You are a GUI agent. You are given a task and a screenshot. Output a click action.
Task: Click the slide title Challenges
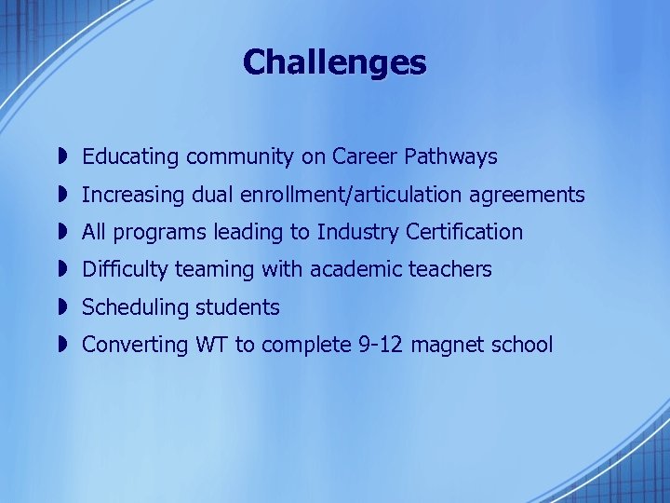pos(334,62)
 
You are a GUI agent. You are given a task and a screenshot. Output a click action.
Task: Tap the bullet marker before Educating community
pos(59,157)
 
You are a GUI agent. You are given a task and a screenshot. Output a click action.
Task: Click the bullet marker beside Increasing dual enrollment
pos(59,195)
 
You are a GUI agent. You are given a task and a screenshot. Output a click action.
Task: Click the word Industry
pos(358,232)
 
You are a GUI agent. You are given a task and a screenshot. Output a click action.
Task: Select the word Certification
pos(464,232)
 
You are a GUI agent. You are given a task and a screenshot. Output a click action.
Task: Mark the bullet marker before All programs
pos(59,232)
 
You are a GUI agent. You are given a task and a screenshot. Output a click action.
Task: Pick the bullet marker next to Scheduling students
pos(59,306)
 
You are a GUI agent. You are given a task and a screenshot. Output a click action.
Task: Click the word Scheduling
pos(131,307)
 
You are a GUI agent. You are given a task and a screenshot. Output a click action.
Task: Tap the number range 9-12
pos(382,345)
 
